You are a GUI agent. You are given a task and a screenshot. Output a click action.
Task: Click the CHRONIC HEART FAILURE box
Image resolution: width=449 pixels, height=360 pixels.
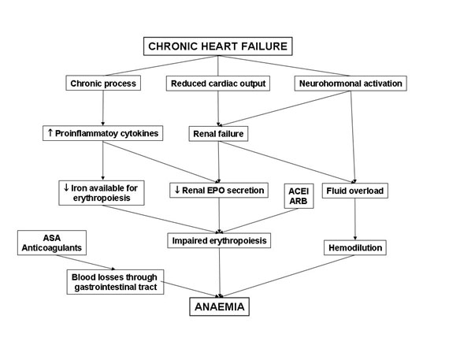click(218, 46)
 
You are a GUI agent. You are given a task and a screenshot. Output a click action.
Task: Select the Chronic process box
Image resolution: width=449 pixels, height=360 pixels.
click(103, 83)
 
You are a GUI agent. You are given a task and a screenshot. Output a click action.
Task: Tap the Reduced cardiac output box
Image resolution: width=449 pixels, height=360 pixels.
click(218, 84)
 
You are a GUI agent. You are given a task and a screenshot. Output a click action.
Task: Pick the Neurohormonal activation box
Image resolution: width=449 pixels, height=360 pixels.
click(351, 84)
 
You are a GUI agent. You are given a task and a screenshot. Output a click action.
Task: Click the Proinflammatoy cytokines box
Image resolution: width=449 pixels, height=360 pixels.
click(103, 133)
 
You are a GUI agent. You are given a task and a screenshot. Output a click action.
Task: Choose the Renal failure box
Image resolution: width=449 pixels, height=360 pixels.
click(218, 134)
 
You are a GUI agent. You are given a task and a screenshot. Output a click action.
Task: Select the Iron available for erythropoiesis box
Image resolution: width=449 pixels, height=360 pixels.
click(102, 193)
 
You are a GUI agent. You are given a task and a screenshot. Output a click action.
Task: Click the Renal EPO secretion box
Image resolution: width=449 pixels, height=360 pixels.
click(219, 190)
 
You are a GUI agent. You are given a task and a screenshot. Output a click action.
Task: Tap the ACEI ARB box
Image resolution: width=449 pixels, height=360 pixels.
click(299, 196)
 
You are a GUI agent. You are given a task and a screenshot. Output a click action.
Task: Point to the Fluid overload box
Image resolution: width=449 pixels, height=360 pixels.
click(354, 191)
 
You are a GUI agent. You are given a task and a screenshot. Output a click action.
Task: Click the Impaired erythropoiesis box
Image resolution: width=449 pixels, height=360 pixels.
click(219, 240)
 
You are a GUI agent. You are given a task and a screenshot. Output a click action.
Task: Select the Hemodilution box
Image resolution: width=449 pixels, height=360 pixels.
click(355, 247)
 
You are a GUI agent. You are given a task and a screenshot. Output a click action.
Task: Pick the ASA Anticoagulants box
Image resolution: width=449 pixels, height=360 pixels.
click(52, 243)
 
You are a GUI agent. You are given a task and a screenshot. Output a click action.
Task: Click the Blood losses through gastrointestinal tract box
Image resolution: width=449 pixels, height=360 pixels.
click(115, 282)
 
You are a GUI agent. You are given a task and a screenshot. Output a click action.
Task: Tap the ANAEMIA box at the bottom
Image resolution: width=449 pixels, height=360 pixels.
click(219, 306)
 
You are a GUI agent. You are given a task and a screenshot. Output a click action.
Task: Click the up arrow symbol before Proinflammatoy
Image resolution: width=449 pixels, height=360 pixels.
click(50, 132)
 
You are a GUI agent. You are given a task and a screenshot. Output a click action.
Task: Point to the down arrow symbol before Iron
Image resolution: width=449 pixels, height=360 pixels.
click(66, 187)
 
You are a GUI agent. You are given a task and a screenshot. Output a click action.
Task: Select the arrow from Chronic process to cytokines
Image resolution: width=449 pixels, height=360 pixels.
click(103, 108)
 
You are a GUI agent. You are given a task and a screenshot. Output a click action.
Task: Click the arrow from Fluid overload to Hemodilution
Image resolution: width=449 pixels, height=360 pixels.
click(355, 219)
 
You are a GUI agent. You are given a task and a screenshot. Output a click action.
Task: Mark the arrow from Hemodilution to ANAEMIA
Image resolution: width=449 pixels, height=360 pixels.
click(288, 276)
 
